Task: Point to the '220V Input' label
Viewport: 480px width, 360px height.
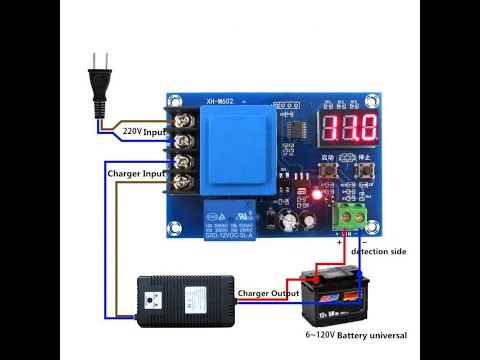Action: click(x=144, y=131)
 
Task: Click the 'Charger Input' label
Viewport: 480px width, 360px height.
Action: click(x=136, y=172)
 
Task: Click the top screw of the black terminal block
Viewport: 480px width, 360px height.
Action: click(x=182, y=119)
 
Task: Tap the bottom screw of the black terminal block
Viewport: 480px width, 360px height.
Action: click(x=182, y=182)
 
